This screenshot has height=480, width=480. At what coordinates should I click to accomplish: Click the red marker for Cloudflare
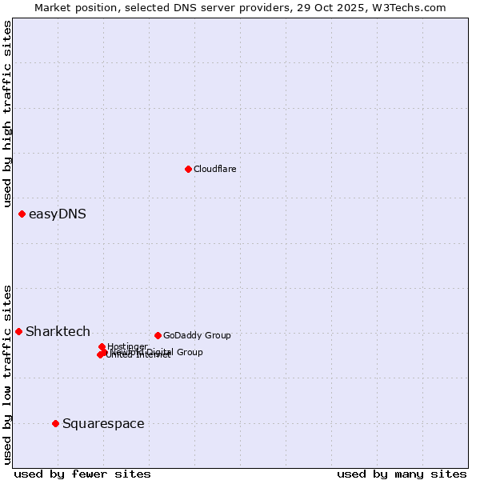pos(188,169)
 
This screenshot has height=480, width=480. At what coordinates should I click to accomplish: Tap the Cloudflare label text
pos(214,169)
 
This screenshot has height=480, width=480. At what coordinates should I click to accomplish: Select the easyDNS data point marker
pos(22,214)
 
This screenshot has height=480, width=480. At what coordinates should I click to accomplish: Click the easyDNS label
pos(58,214)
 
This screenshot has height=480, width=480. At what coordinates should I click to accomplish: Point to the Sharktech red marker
pos(18,331)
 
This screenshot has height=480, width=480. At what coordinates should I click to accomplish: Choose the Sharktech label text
pos(58,331)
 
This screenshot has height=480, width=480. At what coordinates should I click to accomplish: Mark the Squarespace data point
pos(55,423)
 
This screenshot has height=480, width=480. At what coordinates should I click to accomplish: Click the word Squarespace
pos(103,423)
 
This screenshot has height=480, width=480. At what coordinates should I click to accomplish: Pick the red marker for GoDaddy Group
pos(158,335)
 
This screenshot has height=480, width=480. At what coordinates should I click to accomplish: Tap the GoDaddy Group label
pos(197,335)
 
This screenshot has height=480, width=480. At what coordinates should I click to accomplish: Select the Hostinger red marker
pos(102,346)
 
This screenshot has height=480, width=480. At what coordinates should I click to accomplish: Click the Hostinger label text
pos(127,346)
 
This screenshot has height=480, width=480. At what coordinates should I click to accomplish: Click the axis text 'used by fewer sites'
pos(82,474)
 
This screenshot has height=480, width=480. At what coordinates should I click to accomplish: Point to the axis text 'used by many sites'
pos(402,474)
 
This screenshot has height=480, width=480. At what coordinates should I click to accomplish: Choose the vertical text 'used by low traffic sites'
pos(7,374)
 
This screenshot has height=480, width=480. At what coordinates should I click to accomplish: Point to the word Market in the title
pos(52,7)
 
